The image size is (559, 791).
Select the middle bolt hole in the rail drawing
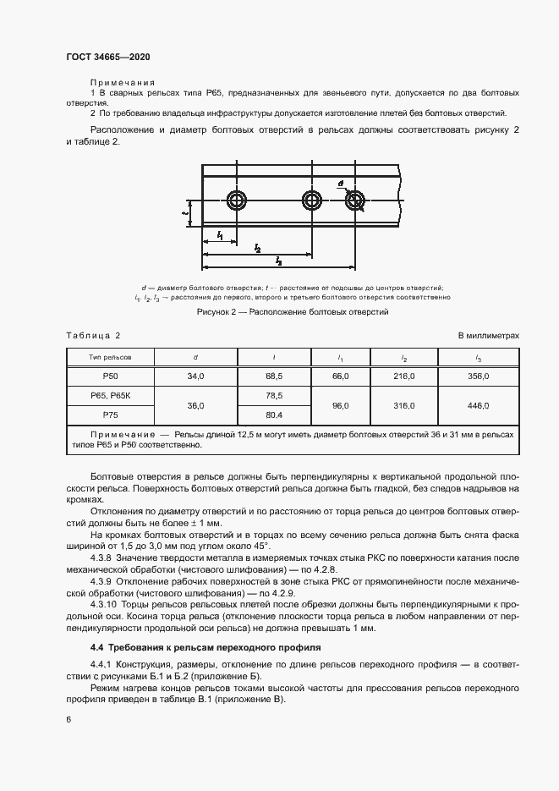[x=313, y=201]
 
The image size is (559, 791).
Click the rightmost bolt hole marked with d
[x=353, y=201]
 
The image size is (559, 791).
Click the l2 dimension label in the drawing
[x=257, y=248]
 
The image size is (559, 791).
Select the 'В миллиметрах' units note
[x=489, y=336]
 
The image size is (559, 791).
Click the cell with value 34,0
[x=195, y=376]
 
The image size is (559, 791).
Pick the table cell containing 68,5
[x=274, y=376]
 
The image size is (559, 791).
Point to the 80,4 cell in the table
[x=274, y=415]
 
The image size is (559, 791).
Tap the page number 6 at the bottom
[x=69, y=718]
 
